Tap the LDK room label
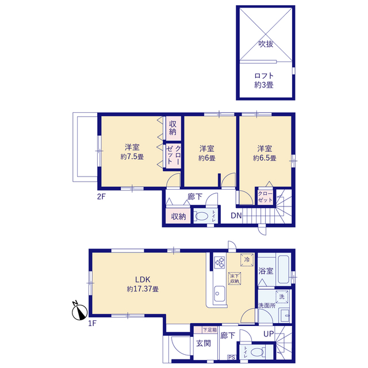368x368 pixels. tap(143, 279)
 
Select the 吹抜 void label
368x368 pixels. tap(266, 44)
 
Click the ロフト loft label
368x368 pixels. tap(264, 76)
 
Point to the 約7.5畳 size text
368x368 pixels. tap(132, 156)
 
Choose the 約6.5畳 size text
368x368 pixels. tap(264, 158)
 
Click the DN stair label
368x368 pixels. tap(236, 216)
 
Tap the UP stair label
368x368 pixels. tap(269, 333)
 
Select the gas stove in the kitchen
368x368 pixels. tap(220, 262)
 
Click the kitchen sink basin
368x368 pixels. tap(220, 294)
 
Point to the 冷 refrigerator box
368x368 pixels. tap(247, 259)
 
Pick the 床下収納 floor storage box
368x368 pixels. tap(235, 278)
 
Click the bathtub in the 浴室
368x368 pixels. tap(283, 269)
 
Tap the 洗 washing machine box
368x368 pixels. tap(282, 297)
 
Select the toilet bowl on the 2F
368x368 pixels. tap(202, 216)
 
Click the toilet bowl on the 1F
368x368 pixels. tap(257, 352)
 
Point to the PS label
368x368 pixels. tap(231, 358)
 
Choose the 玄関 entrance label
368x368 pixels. tap(204, 343)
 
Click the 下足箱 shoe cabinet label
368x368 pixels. tap(209, 329)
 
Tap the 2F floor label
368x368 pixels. tap(101, 197)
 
